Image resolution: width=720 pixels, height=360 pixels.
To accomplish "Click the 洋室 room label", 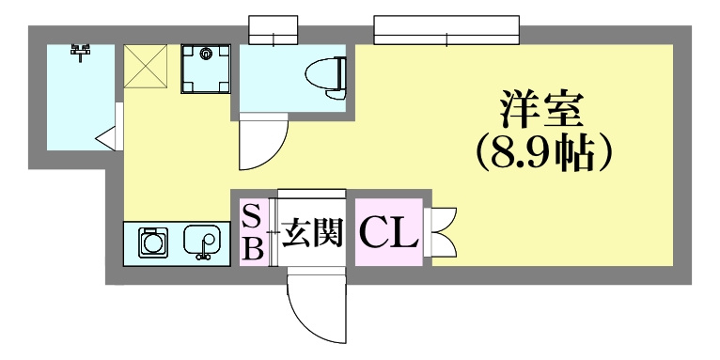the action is [x=541, y=110].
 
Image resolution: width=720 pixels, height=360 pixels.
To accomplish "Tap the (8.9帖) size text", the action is [x=544, y=153].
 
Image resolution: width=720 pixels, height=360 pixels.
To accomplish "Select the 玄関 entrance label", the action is [x=312, y=232].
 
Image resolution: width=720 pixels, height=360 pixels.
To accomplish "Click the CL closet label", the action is [x=388, y=232].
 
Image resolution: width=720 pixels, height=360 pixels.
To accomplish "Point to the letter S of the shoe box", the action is [x=253, y=216].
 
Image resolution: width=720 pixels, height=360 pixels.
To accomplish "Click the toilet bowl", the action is [x=321, y=73].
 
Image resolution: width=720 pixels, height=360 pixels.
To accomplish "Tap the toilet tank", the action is [x=341, y=73].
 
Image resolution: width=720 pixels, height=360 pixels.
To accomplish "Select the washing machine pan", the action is [x=206, y=69].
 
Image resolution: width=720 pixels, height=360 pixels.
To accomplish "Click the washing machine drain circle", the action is [x=205, y=55].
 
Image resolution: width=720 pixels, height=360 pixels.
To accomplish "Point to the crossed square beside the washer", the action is [x=145, y=66].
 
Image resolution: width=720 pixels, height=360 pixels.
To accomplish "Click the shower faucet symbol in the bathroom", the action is [x=80, y=52].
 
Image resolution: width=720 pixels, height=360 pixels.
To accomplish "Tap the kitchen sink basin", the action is [x=202, y=240].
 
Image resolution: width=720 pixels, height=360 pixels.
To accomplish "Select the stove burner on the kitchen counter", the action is [x=154, y=241].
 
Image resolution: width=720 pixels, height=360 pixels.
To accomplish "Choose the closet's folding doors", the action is [x=440, y=232].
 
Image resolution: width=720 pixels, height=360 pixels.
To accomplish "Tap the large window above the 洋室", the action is [x=446, y=30].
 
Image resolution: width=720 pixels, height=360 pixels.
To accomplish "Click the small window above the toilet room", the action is [x=274, y=30].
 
